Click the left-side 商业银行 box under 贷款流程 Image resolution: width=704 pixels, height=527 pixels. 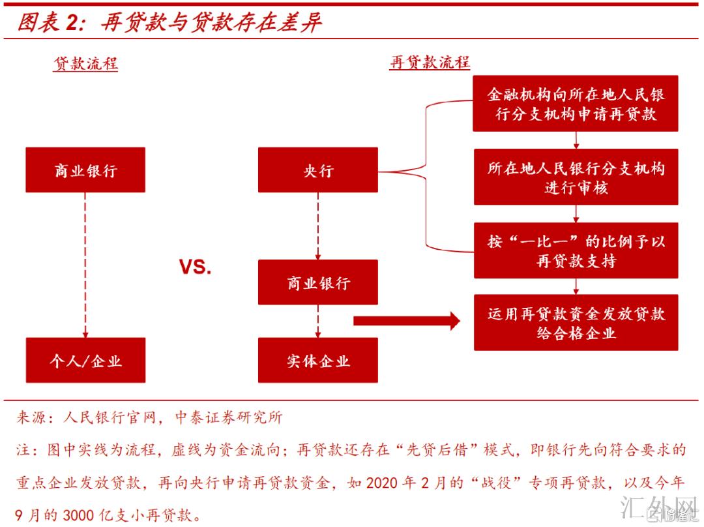(x=85, y=170)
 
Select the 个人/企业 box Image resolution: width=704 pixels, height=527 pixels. (x=85, y=360)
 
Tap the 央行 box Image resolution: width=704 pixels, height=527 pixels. (x=317, y=170)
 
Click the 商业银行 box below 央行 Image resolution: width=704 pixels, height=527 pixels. (x=317, y=282)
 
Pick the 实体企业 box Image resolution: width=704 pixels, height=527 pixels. (x=317, y=360)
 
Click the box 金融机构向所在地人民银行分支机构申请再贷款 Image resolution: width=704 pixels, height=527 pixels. (x=576, y=104)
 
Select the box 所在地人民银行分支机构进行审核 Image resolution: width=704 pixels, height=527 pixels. (x=576, y=177)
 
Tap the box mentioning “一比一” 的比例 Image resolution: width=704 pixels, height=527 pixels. (x=576, y=250)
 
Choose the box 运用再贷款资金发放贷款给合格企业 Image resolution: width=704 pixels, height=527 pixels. (x=576, y=323)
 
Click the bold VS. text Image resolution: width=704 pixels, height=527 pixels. (x=196, y=267)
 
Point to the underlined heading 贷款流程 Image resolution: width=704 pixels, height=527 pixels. (x=85, y=63)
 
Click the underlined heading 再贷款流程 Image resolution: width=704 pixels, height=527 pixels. (x=430, y=63)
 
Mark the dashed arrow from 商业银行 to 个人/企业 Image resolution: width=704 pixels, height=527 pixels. (x=85, y=264)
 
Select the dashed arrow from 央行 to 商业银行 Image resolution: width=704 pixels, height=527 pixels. (x=317, y=226)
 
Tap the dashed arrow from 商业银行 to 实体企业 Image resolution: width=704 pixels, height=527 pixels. (x=317, y=321)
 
